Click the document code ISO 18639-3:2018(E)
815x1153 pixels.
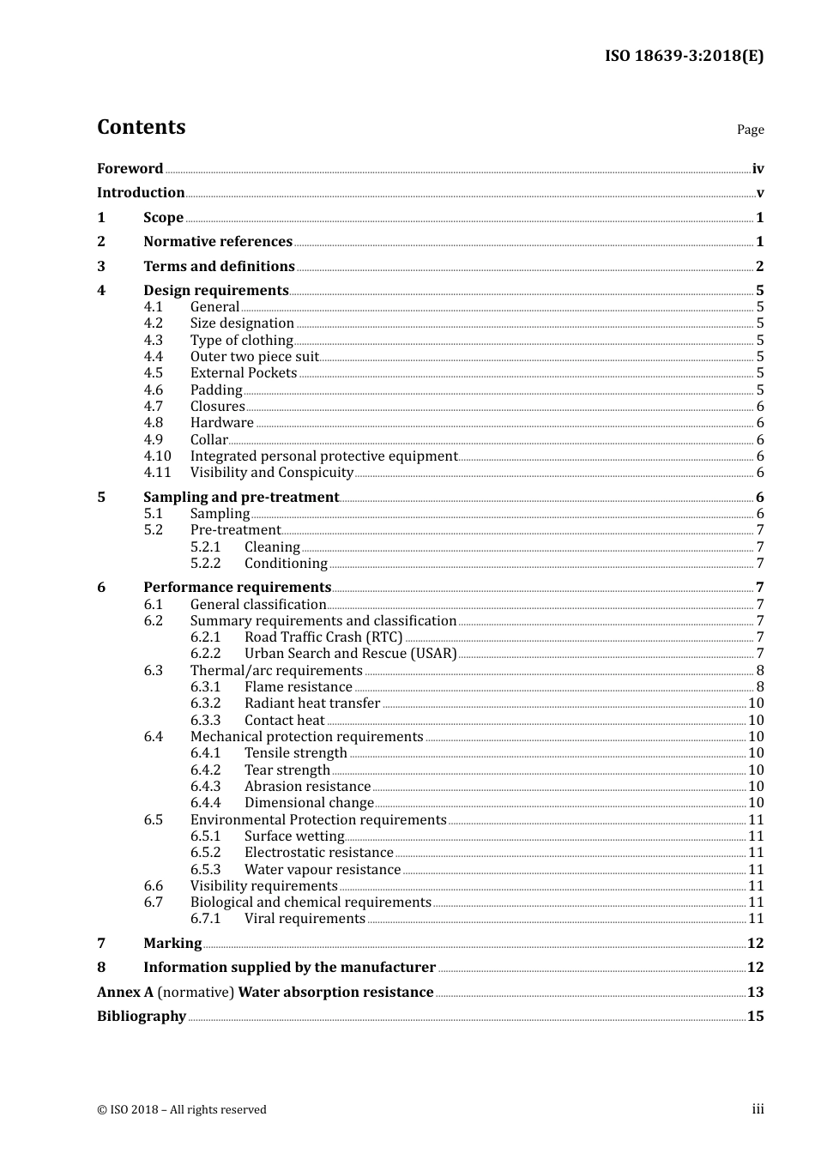[684, 56]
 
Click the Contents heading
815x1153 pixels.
[141, 127]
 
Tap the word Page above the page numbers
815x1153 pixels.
[750, 130]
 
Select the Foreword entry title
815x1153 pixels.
[130, 168]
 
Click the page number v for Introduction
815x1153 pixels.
[759, 193]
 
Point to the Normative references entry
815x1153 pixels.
[218, 242]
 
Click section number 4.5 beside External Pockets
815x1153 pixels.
[154, 373]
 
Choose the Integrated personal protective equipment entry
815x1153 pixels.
[323, 456]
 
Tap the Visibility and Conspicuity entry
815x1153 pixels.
[271, 473]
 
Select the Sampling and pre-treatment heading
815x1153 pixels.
[241, 498]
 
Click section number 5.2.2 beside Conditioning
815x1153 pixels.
[205, 564]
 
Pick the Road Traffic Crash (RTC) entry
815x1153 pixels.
[323, 637]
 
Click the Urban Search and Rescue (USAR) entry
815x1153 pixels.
[350, 654]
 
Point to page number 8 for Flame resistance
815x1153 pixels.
[759, 687]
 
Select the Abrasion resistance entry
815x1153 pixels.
[307, 787]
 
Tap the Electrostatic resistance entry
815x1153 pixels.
[318, 853]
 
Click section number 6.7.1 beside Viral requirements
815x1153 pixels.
[205, 919]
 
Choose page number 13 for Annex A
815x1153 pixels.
[755, 993]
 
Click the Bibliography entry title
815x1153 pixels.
[142, 1017]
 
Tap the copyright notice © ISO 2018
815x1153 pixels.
[182, 1110]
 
